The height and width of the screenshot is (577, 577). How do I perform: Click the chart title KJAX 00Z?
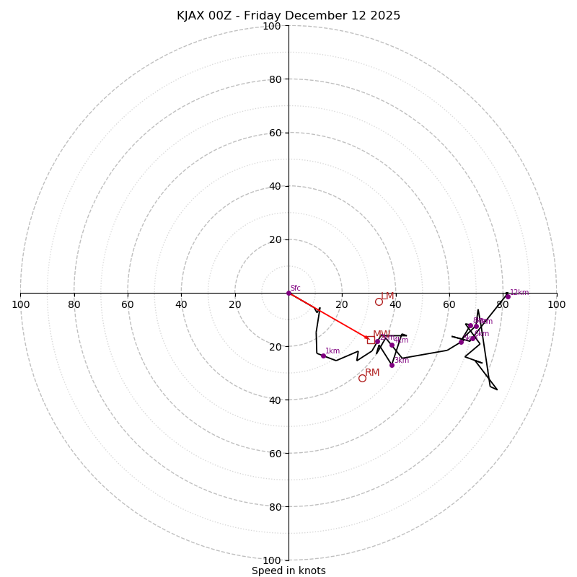coord(288,16)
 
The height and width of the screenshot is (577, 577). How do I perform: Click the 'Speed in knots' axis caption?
coord(288,571)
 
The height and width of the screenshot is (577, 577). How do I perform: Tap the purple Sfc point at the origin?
coord(288,293)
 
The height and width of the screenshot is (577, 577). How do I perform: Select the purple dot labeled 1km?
coord(323,356)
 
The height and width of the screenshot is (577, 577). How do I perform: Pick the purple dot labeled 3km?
coord(392,365)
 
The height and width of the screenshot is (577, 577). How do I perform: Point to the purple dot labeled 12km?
coord(508,296)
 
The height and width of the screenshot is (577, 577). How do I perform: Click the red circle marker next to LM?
coord(379,301)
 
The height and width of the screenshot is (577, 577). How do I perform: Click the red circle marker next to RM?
coord(362,378)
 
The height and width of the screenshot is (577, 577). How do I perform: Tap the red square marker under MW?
coord(371,340)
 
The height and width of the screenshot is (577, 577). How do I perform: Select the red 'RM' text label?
coord(372,373)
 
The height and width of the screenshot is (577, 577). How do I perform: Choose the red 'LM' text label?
coord(387,296)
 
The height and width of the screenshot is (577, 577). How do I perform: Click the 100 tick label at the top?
coord(271,26)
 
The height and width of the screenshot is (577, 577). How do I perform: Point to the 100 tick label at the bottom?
coord(271,560)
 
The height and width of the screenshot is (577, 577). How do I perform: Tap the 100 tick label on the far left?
coord(21,304)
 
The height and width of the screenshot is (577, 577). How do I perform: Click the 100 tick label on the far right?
coord(556,304)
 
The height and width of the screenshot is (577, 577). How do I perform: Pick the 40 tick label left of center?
coord(181,304)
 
